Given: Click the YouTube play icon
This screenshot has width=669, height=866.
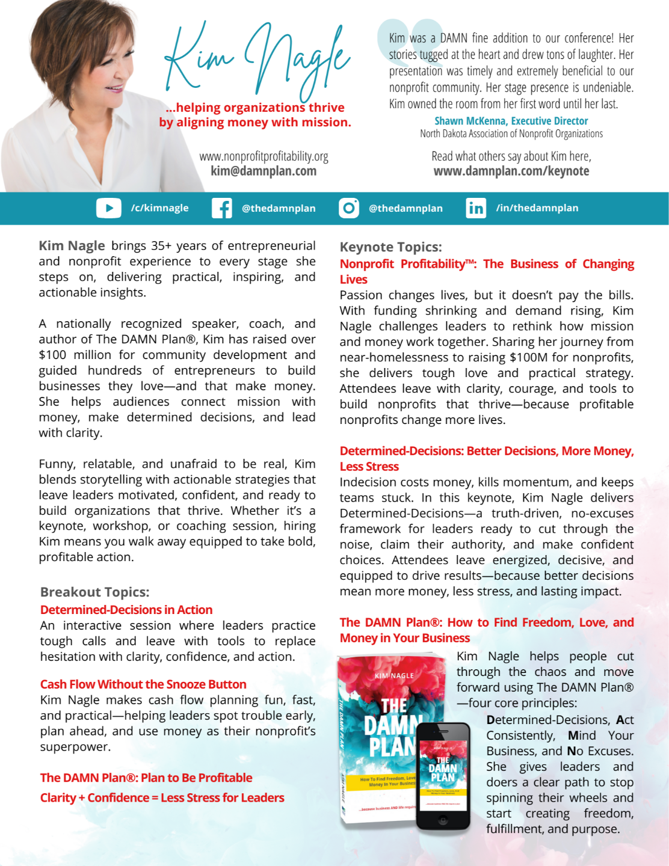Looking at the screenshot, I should point(108,208).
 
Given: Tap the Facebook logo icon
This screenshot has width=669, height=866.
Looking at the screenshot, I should point(221,208).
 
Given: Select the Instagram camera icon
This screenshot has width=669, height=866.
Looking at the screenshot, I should point(349,207).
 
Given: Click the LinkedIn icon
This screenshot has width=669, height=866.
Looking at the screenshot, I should point(476,208).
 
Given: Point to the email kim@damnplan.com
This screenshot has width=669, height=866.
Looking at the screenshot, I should point(264,171).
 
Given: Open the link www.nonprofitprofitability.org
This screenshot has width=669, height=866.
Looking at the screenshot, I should point(264,156).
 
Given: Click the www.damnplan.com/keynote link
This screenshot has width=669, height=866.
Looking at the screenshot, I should point(511,171).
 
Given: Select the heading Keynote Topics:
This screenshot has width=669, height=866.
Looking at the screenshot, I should point(391,247).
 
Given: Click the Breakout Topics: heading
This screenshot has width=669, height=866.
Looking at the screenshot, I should point(94,592).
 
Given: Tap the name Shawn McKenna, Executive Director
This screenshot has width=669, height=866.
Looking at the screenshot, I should point(511,121).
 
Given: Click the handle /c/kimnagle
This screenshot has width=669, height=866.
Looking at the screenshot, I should point(159,208).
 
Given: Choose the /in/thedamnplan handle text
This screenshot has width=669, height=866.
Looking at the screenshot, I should point(537,208).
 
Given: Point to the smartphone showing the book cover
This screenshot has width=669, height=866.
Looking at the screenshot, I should point(443,776).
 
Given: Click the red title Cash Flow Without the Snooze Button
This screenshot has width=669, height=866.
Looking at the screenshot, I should point(143,684).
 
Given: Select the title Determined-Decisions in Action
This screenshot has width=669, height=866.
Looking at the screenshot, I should point(126,610).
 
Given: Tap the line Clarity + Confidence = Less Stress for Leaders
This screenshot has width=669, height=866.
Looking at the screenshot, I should point(162,798).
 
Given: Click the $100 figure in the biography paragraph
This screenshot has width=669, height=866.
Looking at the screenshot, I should point(52,355).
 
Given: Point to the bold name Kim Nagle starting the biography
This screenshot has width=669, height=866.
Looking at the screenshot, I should point(72,245).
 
